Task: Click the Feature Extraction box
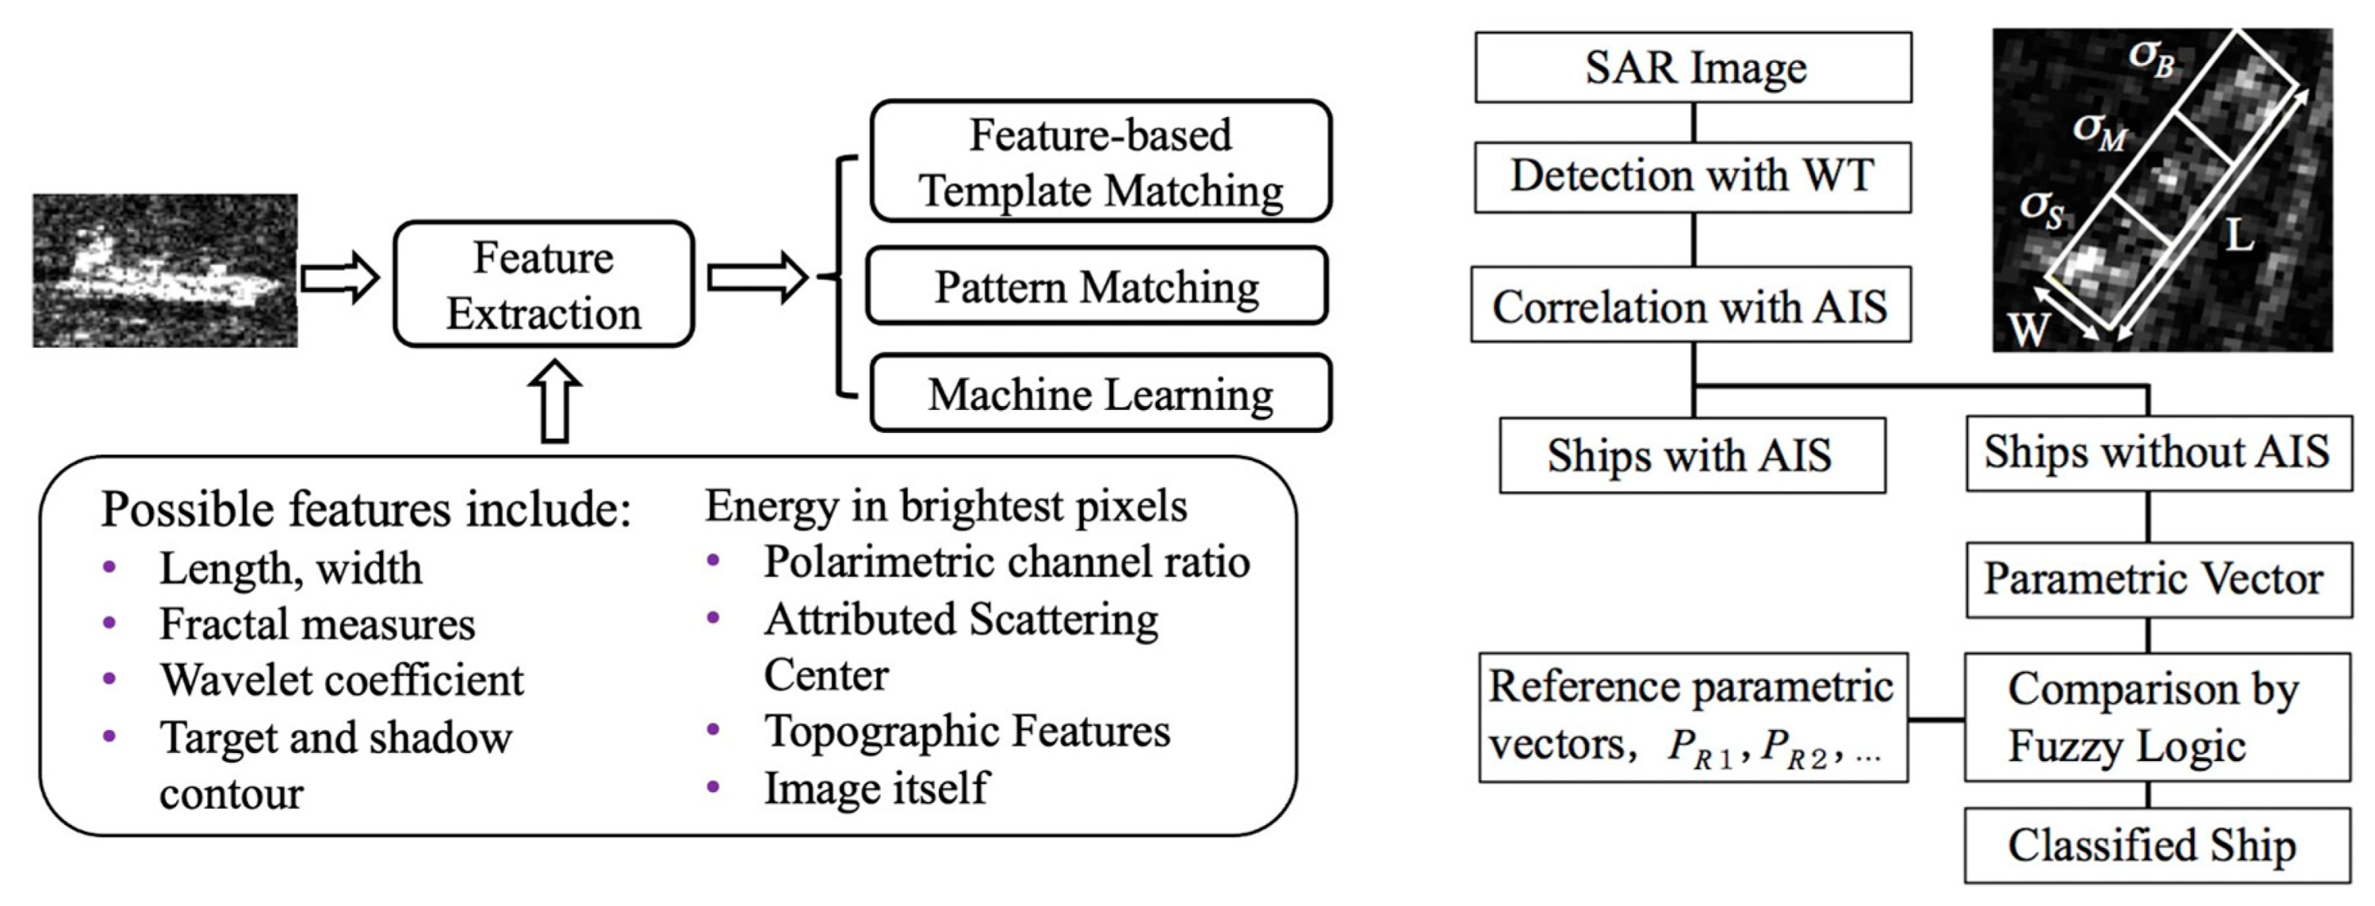(543, 285)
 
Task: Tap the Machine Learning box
(1100, 393)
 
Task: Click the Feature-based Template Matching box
(1100, 162)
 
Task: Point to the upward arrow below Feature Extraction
(555, 402)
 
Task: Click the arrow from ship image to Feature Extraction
(339, 277)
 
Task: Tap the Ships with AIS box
(1691, 455)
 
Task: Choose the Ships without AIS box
(2158, 452)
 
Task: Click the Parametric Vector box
(2158, 580)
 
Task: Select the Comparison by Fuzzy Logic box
(2158, 717)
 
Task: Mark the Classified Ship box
(2158, 845)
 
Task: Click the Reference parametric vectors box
(1692, 717)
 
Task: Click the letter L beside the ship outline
(2240, 235)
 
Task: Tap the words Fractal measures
(316, 624)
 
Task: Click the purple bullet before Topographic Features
(713, 731)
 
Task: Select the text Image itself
(875, 788)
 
